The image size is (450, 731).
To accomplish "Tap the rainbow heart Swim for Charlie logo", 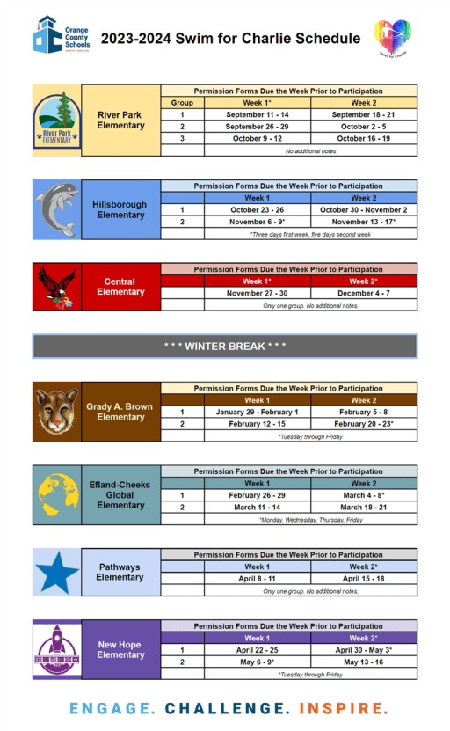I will pyautogui.click(x=393, y=39).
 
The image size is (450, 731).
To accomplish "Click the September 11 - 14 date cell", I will pyautogui.click(x=257, y=115).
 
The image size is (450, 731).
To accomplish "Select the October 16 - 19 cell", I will pyautogui.click(x=363, y=138).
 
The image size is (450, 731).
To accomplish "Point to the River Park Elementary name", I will pyautogui.click(x=121, y=120).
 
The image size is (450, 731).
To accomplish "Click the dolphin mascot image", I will pyautogui.click(x=56, y=209).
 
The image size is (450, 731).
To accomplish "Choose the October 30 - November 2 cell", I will pyautogui.click(x=363, y=210).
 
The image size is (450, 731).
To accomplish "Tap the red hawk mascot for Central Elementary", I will pyautogui.click(x=56, y=287).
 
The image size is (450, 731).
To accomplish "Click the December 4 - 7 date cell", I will pyautogui.click(x=363, y=293).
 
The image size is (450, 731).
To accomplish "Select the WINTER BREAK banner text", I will pyautogui.click(x=225, y=347).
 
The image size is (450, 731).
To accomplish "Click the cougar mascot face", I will pyautogui.click(x=56, y=411).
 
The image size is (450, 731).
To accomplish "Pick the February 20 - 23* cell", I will pyautogui.click(x=363, y=424).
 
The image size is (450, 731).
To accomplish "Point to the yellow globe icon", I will pyautogui.click(x=56, y=494).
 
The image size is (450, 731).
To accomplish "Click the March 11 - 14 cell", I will pyautogui.click(x=257, y=508).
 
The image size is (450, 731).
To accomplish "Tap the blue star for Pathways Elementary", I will pyautogui.click(x=56, y=573).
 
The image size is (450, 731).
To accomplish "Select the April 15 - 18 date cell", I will pyautogui.click(x=363, y=580).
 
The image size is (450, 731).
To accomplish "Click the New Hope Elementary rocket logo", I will pyautogui.click(x=56, y=649).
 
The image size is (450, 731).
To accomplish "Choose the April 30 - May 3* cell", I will pyautogui.click(x=363, y=650).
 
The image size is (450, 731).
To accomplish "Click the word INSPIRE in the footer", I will pyautogui.click(x=344, y=708).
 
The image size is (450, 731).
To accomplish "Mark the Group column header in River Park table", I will pyautogui.click(x=182, y=103).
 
